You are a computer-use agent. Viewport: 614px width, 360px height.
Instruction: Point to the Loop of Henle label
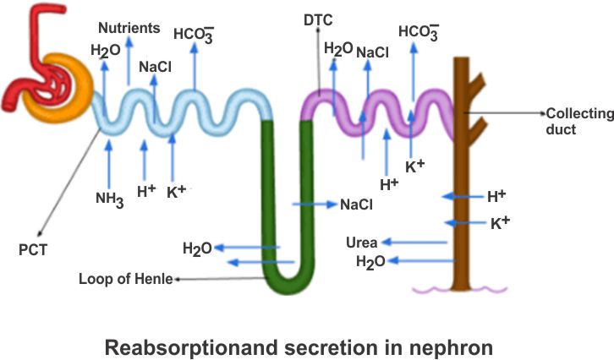pos(125,277)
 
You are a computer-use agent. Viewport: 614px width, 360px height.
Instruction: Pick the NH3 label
pos(111,199)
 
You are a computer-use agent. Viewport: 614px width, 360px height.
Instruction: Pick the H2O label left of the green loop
pos(197,248)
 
